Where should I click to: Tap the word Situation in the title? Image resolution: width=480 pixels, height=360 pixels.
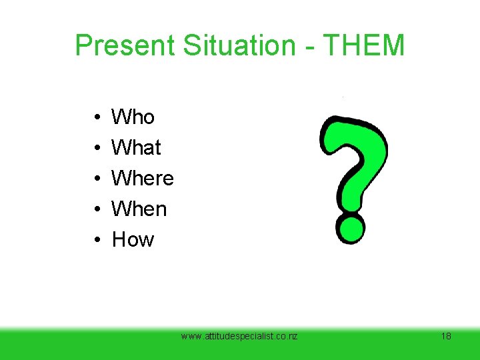(227, 45)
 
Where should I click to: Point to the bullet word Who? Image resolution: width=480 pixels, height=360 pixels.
(133, 117)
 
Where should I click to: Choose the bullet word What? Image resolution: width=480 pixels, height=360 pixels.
(136, 148)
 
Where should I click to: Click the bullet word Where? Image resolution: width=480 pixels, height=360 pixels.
(143, 179)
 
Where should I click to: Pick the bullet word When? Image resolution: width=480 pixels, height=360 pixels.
(139, 209)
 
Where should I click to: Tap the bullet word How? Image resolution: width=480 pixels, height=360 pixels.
(133, 240)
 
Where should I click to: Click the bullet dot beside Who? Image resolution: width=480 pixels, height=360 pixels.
(89, 118)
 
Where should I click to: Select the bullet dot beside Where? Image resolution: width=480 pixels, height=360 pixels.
(89, 179)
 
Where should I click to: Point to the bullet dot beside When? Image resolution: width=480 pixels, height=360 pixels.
(89, 210)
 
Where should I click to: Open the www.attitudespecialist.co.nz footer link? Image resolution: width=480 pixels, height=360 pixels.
(239, 336)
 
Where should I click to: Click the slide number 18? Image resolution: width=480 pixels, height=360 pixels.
(446, 336)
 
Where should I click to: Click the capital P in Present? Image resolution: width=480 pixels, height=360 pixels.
(83, 45)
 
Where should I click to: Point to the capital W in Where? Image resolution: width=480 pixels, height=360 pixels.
(121, 179)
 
